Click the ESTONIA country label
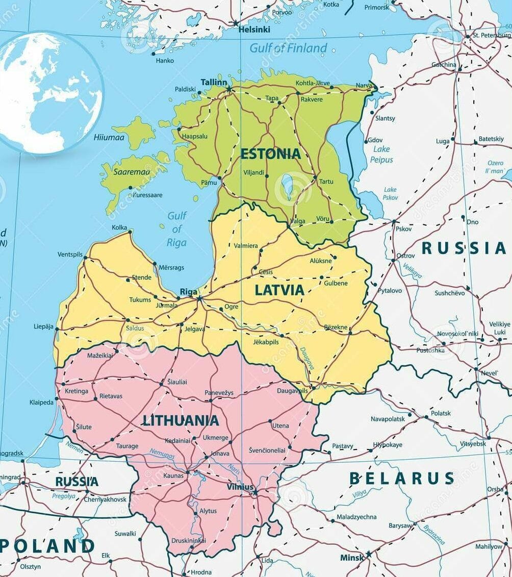pyautogui.click(x=270, y=154)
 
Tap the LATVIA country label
pyautogui.click(x=279, y=290)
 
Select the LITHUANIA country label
pyautogui.click(x=181, y=421)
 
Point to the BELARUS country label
pyautogui.click(x=401, y=479)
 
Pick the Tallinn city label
pyautogui.click(x=214, y=82)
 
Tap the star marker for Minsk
pyautogui.click(x=368, y=554)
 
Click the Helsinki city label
pyautogui.click(x=254, y=30)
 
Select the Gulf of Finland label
pyautogui.click(x=288, y=48)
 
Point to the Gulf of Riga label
pyautogui.click(x=177, y=229)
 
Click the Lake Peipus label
pyautogui.click(x=381, y=154)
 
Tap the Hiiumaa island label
pyautogui.click(x=109, y=137)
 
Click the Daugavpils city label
pyautogui.click(x=292, y=391)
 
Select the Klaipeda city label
pyautogui.click(x=41, y=403)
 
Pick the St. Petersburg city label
pyautogui.click(x=492, y=36)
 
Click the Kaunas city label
pyautogui.click(x=173, y=475)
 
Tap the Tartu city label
pyautogui.click(x=326, y=182)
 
